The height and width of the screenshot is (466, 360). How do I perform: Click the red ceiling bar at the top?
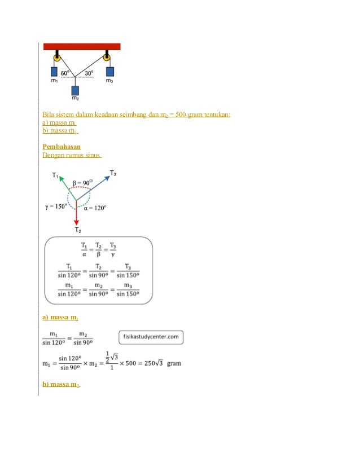81,46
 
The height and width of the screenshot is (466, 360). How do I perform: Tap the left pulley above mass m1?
57,57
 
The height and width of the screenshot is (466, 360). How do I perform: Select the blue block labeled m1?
55,72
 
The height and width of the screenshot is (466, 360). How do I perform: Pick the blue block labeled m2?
75,90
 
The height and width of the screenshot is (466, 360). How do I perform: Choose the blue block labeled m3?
110,72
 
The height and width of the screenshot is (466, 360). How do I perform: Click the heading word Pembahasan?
58,147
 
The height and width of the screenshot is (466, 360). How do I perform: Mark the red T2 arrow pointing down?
76,214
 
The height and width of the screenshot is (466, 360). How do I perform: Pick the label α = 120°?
94,207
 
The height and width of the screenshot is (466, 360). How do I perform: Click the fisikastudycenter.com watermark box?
151,337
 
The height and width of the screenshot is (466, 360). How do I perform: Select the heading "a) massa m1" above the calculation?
60,318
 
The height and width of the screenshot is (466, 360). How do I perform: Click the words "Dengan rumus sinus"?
72,155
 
